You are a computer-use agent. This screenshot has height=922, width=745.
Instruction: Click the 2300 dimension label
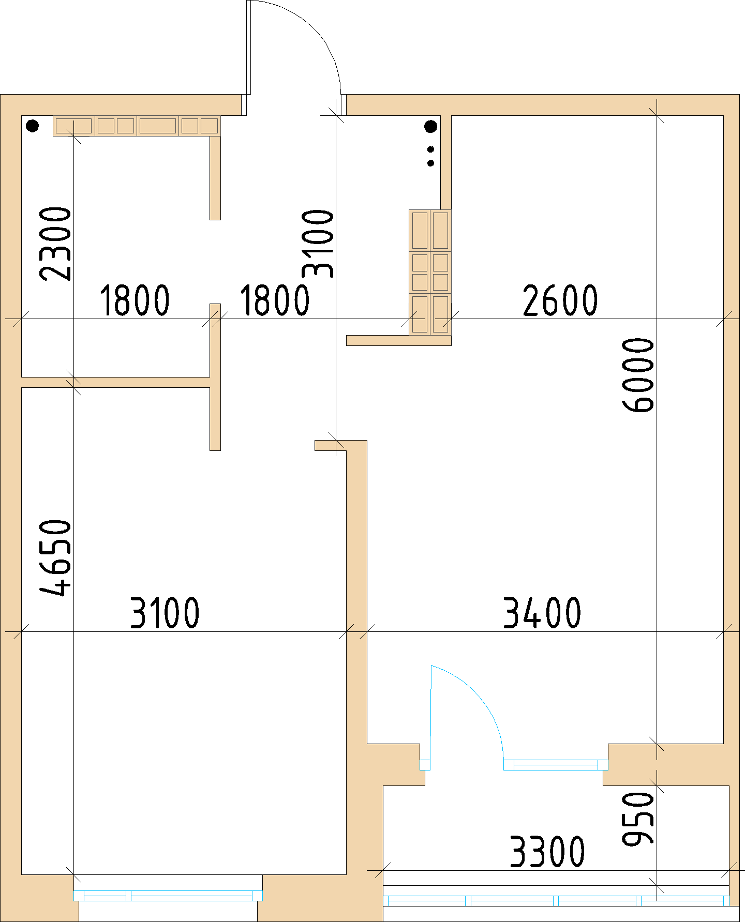(x=55, y=244)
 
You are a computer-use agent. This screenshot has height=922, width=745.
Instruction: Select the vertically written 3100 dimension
(x=318, y=243)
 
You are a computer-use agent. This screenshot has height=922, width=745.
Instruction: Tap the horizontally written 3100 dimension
(x=165, y=613)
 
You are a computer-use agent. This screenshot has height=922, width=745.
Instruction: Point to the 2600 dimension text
(x=560, y=300)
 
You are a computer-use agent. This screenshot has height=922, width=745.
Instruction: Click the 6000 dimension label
(x=638, y=375)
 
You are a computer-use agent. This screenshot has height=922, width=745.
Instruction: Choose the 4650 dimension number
(x=55, y=558)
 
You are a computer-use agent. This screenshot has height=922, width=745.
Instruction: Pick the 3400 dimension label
(x=542, y=613)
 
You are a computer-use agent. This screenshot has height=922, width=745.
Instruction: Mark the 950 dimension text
(x=638, y=819)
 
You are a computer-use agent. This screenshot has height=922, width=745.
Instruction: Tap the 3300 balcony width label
(x=547, y=851)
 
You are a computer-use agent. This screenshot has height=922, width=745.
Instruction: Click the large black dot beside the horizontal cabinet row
(x=32, y=126)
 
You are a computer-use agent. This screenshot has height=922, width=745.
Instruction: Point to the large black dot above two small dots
(x=430, y=126)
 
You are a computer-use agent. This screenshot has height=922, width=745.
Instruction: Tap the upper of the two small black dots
(x=430, y=150)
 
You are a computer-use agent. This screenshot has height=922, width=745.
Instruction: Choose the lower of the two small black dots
(x=430, y=163)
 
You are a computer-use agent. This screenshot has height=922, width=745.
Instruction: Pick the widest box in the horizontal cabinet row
(x=158, y=126)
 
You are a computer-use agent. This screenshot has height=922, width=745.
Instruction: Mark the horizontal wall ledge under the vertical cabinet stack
(x=398, y=340)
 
